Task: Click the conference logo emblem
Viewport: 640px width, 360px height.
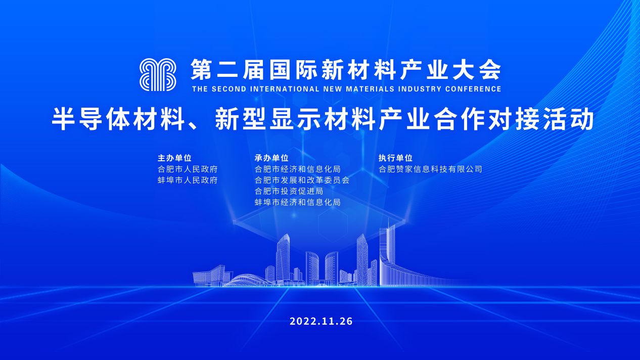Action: click(158, 75)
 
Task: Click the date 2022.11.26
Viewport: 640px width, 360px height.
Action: click(321, 321)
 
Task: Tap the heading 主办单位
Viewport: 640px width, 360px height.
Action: click(174, 158)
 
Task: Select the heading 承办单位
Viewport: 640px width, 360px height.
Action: click(271, 158)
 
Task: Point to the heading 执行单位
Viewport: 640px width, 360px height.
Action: click(395, 158)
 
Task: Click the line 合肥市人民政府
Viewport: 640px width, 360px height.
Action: click(188, 169)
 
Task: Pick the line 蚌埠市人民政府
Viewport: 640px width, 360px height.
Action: click(188, 181)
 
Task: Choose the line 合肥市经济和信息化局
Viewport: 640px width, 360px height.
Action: click(297, 169)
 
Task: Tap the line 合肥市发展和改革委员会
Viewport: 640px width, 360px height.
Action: click(302, 181)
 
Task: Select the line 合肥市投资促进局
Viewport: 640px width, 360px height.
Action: click(289, 191)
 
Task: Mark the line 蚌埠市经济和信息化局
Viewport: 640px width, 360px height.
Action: click(297, 202)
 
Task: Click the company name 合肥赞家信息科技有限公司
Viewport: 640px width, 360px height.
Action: click(430, 169)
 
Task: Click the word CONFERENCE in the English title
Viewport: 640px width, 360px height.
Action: click(473, 89)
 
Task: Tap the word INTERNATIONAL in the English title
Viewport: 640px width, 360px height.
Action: click(285, 89)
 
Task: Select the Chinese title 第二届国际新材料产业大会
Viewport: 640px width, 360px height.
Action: click(346, 69)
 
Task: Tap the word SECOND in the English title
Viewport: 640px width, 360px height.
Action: click(229, 89)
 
